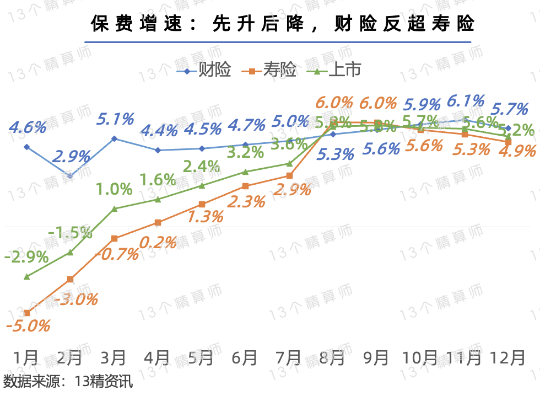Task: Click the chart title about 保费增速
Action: click(283, 24)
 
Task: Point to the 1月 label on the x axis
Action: click(26, 358)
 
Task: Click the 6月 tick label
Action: click(245, 358)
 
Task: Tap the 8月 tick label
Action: click(333, 358)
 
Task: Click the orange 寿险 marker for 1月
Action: click(26, 313)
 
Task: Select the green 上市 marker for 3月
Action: click(114, 208)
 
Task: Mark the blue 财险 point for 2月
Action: click(70, 176)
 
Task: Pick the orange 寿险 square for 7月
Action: click(289, 176)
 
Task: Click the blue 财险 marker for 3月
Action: click(114, 138)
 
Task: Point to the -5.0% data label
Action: click(28, 325)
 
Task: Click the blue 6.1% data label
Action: click(466, 101)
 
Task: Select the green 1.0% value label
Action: click(114, 189)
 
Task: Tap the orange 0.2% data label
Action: click(158, 242)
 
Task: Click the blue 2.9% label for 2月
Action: click(71, 156)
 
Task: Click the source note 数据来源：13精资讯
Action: click(68, 382)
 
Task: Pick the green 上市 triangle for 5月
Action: click(202, 185)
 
